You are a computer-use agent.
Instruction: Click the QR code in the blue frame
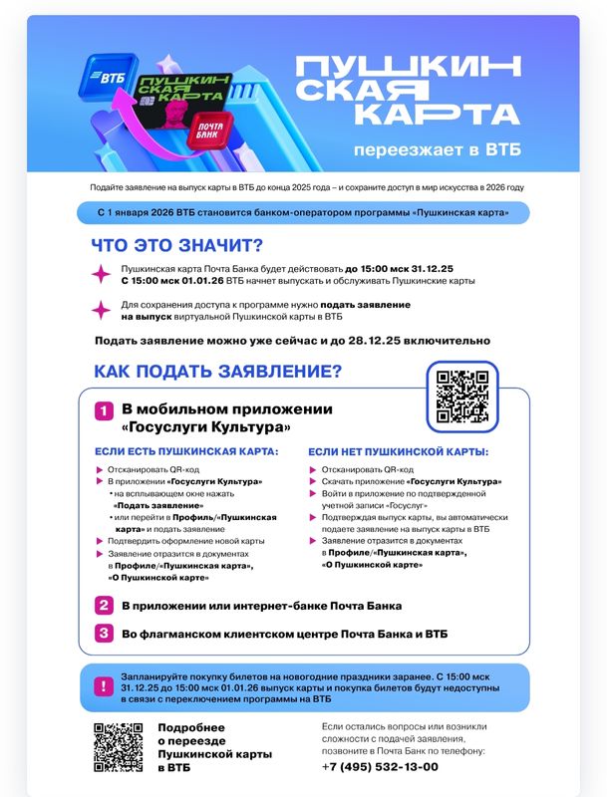coord(461,395)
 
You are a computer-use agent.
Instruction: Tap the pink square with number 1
coord(104,410)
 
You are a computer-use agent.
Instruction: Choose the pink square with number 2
coord(104,605)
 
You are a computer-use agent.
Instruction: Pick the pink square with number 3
coord(104,634)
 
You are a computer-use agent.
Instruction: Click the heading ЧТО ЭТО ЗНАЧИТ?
coord(176,246)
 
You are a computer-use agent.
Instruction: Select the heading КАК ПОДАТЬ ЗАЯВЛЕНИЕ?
coord(217,373)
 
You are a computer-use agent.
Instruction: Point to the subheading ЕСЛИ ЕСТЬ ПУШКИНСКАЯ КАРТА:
coord(186,452)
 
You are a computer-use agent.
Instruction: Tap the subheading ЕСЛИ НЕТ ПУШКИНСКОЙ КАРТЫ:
coord(398,452)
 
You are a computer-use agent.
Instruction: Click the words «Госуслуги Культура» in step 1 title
coord(206,427)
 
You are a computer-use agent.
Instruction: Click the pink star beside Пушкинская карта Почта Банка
coord(100,275)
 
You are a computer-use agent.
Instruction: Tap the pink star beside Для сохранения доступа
coord(100,309)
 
